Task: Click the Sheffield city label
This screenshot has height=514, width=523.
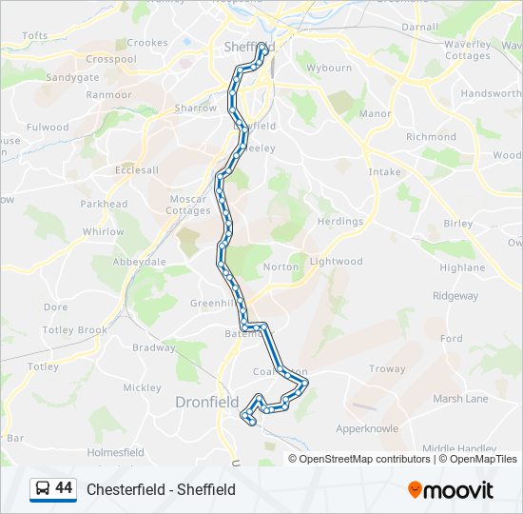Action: coord(249,47)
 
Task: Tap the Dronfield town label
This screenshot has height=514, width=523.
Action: coord(206,403)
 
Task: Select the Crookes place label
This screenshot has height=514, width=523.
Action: coord(147,43)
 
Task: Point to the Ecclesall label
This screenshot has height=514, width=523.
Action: coord(137,170)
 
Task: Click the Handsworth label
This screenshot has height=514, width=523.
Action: coord(491,94)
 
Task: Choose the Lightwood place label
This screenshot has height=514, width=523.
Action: coord(336,261)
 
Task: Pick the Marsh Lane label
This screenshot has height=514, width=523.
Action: coord(461,399)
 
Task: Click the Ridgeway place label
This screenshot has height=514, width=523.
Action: coord(455,296)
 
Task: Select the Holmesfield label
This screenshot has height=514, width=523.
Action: coord(115,452)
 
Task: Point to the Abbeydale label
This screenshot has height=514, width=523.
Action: coord(140,262)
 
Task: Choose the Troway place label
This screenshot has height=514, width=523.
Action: coord(387,369)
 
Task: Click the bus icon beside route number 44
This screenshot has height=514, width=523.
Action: coord(42,489)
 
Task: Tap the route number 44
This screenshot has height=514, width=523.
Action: coord(64,488)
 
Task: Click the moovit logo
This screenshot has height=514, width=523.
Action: coord(451,490)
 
